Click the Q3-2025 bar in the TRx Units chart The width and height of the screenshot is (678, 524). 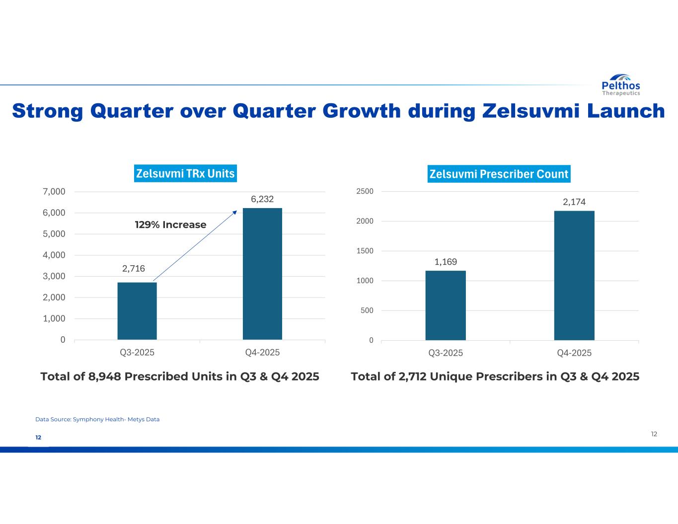click(137, 311)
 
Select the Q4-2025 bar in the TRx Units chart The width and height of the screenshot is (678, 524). click(262, 274)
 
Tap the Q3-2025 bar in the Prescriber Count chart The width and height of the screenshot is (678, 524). click(446, 305)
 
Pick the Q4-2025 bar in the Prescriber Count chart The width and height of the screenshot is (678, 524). click(574, 276)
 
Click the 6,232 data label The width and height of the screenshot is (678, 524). click(262, 199)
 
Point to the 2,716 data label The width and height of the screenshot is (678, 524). click(134, 269)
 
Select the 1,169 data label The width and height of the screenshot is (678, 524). click(446, 262)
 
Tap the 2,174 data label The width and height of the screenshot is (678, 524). click(574, 202)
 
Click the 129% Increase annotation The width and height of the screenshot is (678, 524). click(170, 225)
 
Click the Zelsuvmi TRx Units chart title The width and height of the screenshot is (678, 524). click(185, 173)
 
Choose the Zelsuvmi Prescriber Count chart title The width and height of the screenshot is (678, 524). click(499, 174)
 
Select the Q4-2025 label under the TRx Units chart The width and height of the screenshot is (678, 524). click(262, 353)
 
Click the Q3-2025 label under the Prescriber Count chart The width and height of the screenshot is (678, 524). click(446, 353)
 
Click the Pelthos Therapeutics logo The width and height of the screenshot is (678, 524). click(620, 85)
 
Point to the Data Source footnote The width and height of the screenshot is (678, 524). click(97, 419)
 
